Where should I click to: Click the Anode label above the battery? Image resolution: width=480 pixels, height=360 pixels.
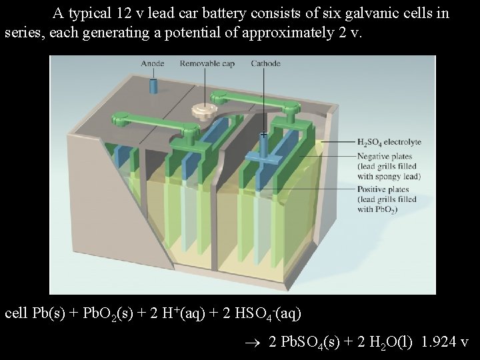pos(153,63)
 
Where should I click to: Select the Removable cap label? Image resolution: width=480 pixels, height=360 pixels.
pos(207,63)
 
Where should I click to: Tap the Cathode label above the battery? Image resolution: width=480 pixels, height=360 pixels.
pos(265,63)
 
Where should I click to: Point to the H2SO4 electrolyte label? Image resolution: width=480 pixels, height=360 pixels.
pos(389,142)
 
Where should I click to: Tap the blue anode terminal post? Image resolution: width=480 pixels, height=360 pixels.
pos(153,86)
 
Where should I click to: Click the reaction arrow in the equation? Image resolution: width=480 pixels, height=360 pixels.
pos(257,343)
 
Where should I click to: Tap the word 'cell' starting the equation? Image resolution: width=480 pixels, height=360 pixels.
pos(16,312)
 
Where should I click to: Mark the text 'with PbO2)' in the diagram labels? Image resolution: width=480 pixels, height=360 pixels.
pos(377,209)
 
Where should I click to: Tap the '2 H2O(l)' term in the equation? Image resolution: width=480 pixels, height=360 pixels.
pos(379,342)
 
